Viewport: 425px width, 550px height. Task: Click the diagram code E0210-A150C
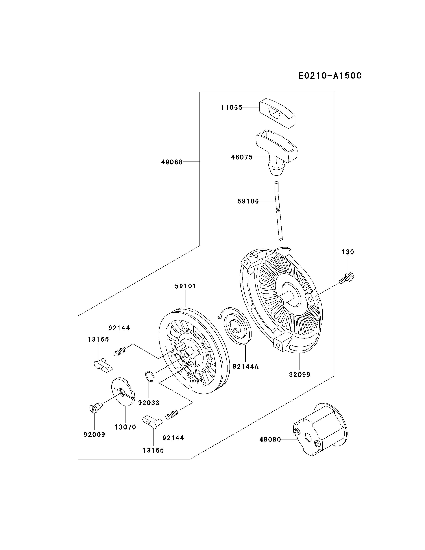tap(330, 76)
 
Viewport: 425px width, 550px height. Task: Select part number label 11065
tap(232, 108)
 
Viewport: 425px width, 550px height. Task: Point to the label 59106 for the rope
tap(248, 201)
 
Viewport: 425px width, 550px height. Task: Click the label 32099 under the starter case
tap(300, 382)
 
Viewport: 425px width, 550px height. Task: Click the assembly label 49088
tap(172, 162)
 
